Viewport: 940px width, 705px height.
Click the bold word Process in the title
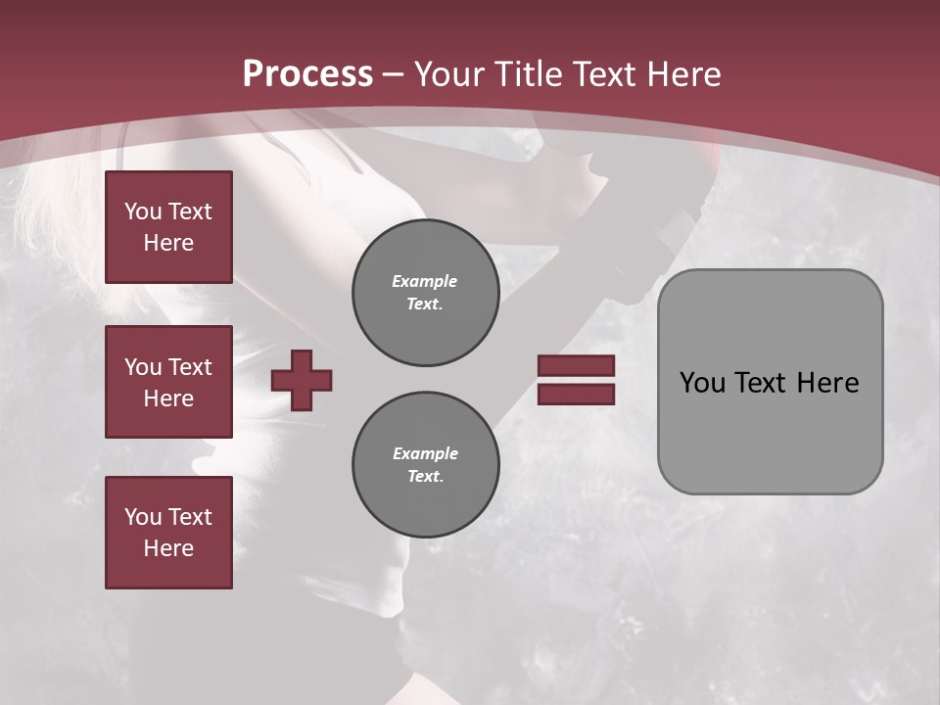pyautogui.click(x=307, y=74)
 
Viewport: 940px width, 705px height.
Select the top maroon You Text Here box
pyautogui.click(x=168, y=227)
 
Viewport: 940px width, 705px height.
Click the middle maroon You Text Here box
pyautogui.click(x=168, y=382)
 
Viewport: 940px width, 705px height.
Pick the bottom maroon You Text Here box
pyautogui.click(x=168, y=532)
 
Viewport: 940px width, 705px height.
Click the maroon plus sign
pyautogui.click(x=302, y=380)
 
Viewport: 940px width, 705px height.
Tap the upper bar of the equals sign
pyautogui.click(x=576, y=365)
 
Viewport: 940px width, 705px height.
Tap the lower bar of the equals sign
pyautogui.click(x=576, y=395)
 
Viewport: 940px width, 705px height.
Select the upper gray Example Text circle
pyautogui.click(x=425, y=293)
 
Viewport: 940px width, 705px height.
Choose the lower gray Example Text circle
pyautogui.click(x=425, y=464)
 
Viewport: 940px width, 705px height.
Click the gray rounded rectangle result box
pyautogui.click(x=770, y=382)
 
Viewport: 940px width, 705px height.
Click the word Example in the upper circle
pyautogui.click(x=425, y=281)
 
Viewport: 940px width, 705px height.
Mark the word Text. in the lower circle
pyautogui.click(x=425, y=476)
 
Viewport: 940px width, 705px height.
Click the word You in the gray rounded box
pyautogui.click(x=702, y=383)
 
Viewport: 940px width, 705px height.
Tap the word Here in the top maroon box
pyautogui.click(x=168, y=243)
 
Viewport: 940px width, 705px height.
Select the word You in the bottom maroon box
pyautogui.click(x=143, y=516)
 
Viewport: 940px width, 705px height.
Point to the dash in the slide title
pyautogui.click(x=394, y=74)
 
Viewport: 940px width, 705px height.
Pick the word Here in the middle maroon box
pyautogui.click(x=168, y=399)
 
